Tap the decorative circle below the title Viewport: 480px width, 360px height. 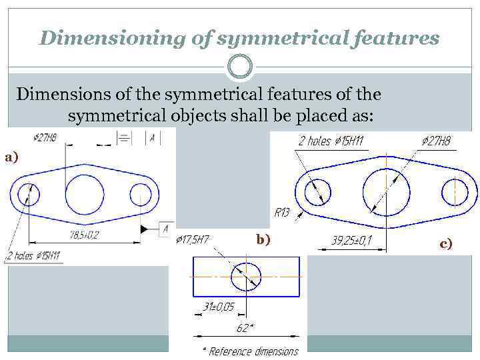click(240, 67)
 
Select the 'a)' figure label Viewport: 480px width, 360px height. click(11, 157)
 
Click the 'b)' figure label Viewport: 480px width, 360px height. click(263, 239)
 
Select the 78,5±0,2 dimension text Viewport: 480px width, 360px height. click(84, 235)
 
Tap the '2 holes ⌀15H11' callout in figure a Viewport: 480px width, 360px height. click(33, 255)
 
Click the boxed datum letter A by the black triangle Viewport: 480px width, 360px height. click(165, 229)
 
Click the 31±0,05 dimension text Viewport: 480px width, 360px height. click(218, 307)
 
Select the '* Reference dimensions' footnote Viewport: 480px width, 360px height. click(250, 351)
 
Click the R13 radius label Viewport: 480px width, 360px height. click(282, 213)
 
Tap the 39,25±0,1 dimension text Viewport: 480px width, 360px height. click(351, 241)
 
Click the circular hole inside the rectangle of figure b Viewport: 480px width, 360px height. click(247, 277)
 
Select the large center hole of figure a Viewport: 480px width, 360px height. click(85, 195)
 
